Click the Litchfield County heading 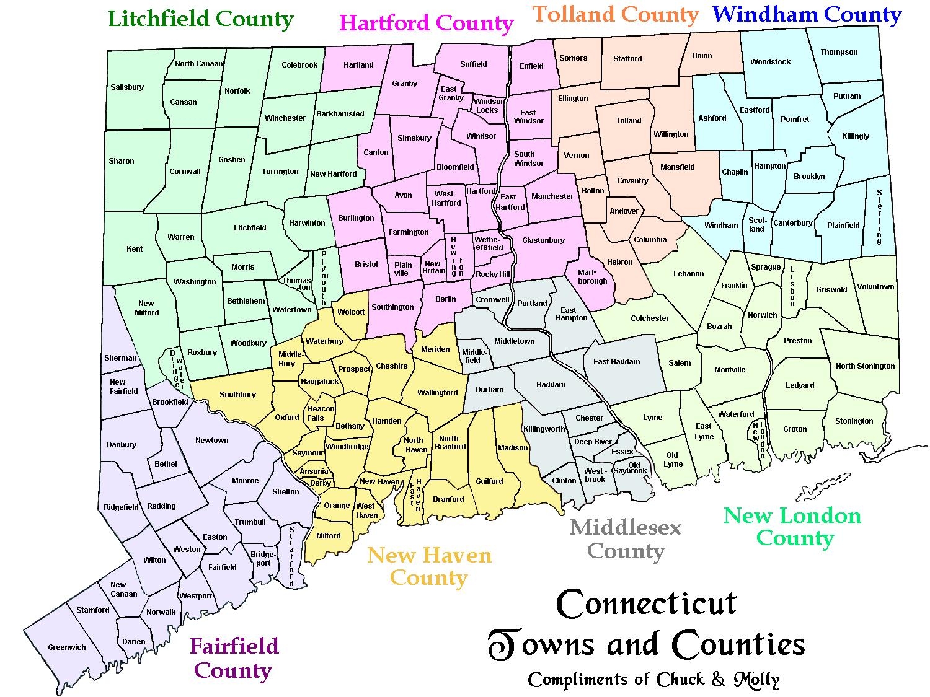coord(200,19)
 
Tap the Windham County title coord(807,14)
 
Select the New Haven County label coord(429,566)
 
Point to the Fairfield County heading coord(234,658)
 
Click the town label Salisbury coord(127,87)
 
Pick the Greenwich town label coord(67,647)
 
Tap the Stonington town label coord(854,421)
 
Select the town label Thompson coord(839,52)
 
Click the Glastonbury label coord(543,240)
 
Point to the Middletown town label coord(514,341)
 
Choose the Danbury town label coord(122,445)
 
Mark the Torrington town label coord(280,172)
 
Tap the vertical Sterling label coord(879,216)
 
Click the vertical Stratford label coord(291,556)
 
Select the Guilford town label coord(489,481)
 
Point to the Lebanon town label coord(688,274)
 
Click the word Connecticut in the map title coord(647,604)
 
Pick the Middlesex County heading coord(626,539)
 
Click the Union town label coord(702,56)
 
